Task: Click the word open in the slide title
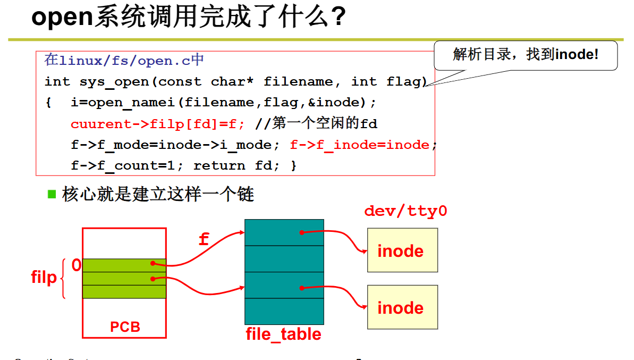63,17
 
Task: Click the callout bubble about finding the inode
526,54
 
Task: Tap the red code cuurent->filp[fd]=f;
158,124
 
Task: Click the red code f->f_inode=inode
360,145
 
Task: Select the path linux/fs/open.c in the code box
124,61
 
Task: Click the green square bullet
52,194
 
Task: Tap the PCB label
125,326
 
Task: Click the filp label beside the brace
44,277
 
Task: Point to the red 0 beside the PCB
76,265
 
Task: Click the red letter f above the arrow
204,239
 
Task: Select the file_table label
283,334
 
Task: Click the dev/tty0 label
405,211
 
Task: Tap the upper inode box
402,250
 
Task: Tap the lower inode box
402,307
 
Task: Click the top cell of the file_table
284,232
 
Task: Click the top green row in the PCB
124,265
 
